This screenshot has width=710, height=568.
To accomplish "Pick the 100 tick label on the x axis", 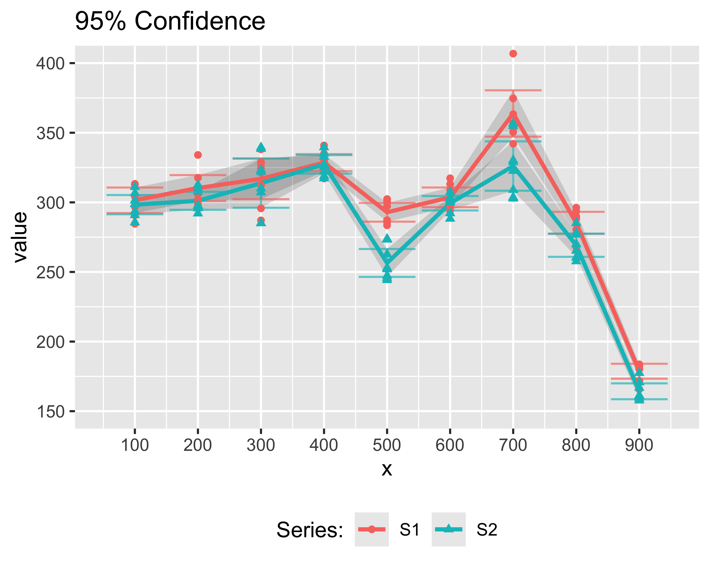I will (135, 445).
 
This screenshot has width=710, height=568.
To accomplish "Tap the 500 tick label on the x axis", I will (387, 445).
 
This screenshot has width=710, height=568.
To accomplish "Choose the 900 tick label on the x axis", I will (639, 445).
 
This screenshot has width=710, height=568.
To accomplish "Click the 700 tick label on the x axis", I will (513, 445).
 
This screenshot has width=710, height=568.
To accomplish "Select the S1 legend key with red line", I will (372, 529).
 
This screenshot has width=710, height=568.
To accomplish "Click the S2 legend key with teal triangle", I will (448, 529).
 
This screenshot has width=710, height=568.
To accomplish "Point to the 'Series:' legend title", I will (310, 530).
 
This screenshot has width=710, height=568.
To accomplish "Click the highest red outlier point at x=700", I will (513, 54).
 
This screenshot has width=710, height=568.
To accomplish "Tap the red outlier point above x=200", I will (198, 155).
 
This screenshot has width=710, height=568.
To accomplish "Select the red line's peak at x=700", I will (513, 115).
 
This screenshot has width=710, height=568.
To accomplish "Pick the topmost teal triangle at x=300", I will (261, 147).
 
